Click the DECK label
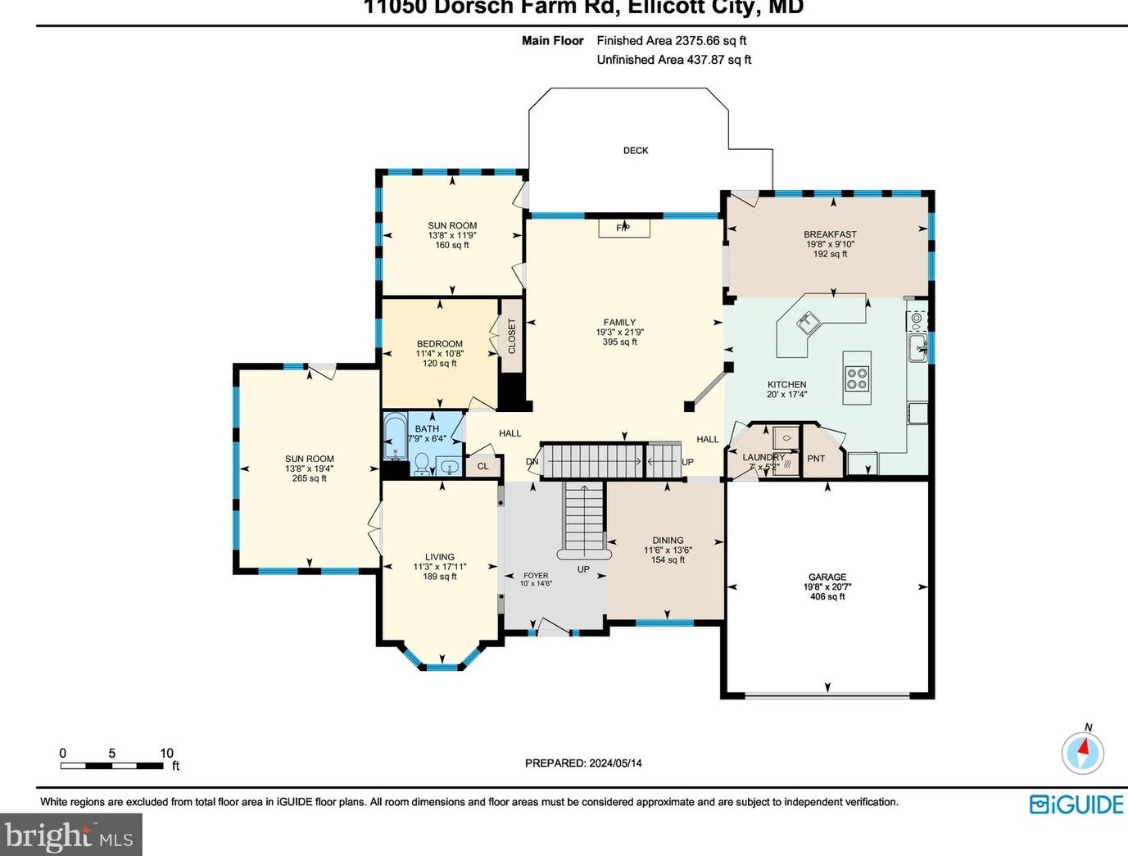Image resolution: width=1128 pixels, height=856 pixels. (x=635, y=151)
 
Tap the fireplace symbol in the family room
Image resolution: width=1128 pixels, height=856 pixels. (x=623, y=228)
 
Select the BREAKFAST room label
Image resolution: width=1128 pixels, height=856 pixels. (x=829, y=234)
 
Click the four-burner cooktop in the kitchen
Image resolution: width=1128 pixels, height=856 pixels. (x=857, y=378)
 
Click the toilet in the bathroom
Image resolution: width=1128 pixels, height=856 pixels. (x=421, y=464)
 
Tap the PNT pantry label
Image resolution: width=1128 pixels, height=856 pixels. (x=816, y=459)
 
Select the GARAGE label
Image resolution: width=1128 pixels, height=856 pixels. (x=827, y=577)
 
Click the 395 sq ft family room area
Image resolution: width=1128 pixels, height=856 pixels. (x=619, y=342)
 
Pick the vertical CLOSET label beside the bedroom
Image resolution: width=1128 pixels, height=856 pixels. (x=512, y=336)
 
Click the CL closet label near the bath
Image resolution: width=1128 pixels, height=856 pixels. (x=482, y=466)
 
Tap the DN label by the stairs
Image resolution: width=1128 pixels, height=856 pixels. (x=532, y=462)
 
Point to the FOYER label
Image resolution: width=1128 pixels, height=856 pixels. (x=536, y=575)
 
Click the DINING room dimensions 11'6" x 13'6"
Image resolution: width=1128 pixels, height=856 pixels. (x=667, y=550)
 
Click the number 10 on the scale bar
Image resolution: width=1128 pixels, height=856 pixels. (x=166, y=753)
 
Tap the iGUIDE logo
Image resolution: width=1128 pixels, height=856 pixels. (x=1076, y=804)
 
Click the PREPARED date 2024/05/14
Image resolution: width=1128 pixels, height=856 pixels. (x=614, y=763)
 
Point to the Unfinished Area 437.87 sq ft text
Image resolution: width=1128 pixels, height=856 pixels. (x=673, y=60)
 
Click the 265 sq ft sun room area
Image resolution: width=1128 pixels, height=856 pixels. (x=309, y=478)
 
